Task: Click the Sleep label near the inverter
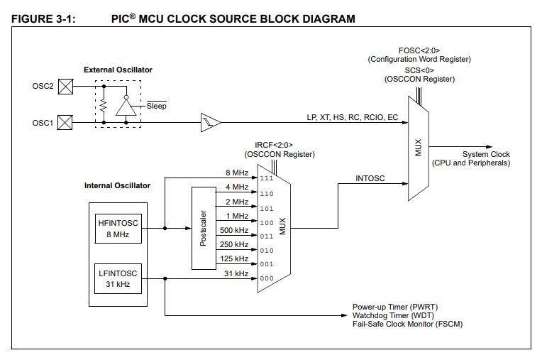coord(156,106)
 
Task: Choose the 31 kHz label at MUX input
coord(236,273)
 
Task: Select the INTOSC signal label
coord(370,179)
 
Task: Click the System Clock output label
coord(485,154)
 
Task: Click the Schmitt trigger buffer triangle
coord(211,122)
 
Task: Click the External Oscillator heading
coord(118,70)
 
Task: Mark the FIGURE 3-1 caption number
coord(43,18)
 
